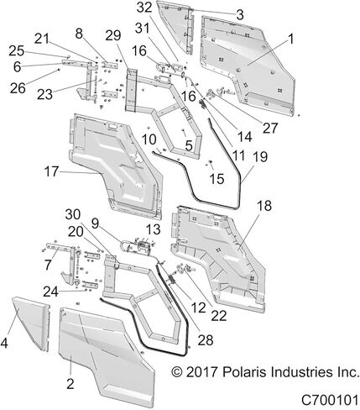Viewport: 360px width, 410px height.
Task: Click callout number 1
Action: pos(291,39)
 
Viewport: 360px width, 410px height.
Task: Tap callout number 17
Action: pos(51,171)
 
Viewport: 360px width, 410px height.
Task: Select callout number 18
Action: pos(264,206)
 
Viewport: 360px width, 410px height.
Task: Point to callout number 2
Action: pos(70,383)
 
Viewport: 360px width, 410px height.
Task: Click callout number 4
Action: pos(4,343)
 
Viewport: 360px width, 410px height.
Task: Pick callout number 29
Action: pos(113,35)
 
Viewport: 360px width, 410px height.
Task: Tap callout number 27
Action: pos(270,128)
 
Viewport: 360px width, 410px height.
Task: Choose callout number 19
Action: pos(260,157)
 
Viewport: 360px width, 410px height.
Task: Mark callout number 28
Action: pos(206,340)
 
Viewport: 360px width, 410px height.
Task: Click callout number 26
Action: pos(18,88)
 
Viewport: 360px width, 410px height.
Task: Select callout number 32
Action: pos(144,8)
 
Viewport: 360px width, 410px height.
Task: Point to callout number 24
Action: pos(50,292)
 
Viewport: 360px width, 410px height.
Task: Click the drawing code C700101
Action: pos(330,400)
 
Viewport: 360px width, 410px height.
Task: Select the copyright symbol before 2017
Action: pos(177,372)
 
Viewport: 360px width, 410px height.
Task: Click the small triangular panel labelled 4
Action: pos(31,322)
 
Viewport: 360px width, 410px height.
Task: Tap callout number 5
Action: pos(189,145)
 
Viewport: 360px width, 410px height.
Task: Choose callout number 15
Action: pos(217,178)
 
